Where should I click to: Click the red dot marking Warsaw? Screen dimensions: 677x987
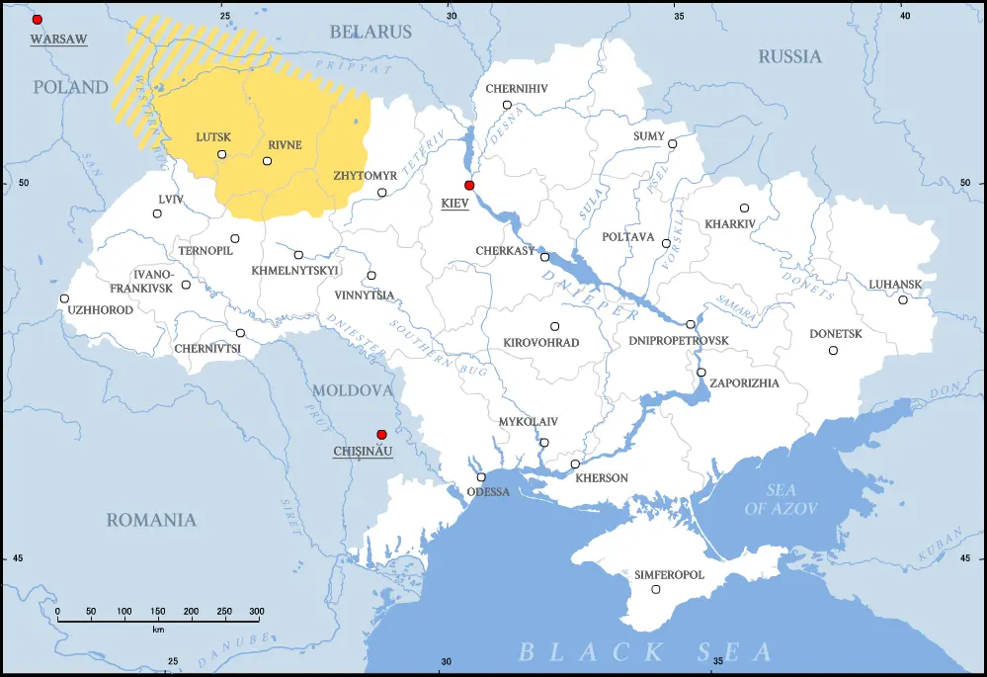[x=38, y=20]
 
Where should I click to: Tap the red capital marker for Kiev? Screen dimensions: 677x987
[x=469, y=185]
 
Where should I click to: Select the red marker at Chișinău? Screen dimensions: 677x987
[x=381, y=434]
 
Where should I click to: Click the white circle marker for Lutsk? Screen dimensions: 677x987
[x=221, y=154]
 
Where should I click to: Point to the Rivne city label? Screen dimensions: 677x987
[x=285, y=145]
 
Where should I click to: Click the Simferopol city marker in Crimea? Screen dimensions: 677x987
[x=656, y=590]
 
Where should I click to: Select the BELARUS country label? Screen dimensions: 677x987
[x=370, y=33]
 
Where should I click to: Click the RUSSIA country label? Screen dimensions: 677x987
[x=789, y=56]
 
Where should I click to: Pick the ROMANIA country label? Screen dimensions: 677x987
[x=151, y=520]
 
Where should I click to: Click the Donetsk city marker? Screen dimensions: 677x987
[x=833, y=350]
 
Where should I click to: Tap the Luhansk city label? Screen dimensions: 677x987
[x=895, y=285]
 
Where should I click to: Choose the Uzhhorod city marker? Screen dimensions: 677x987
[x=64, y=298]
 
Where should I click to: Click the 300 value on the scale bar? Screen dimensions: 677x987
[x=256, y=613]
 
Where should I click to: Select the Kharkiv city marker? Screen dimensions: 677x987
[x=744, y=208]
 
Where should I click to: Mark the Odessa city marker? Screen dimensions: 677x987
[x=481, y=477]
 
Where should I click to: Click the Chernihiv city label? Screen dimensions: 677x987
[x=516, y=89]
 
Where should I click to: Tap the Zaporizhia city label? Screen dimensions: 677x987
[x=745, y=383]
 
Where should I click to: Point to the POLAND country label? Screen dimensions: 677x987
[x=70, y=87]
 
